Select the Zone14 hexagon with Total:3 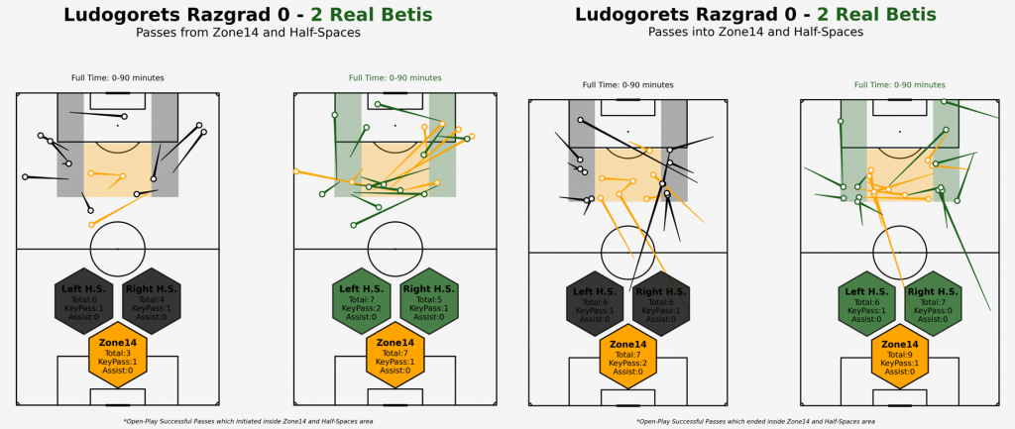coord(117,355)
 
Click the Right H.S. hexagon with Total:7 coord(934,304)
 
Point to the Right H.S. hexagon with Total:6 coord(662,304)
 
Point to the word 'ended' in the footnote coord(737,421)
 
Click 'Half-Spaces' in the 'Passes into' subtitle coord(826,33)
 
